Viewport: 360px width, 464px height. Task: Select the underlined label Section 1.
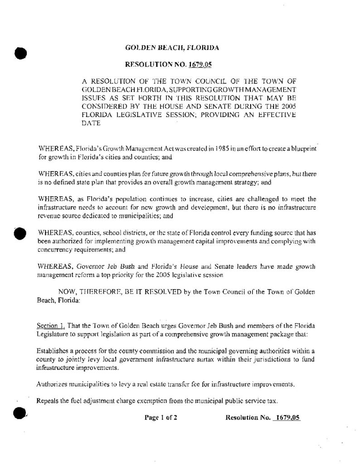coord(51,327)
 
